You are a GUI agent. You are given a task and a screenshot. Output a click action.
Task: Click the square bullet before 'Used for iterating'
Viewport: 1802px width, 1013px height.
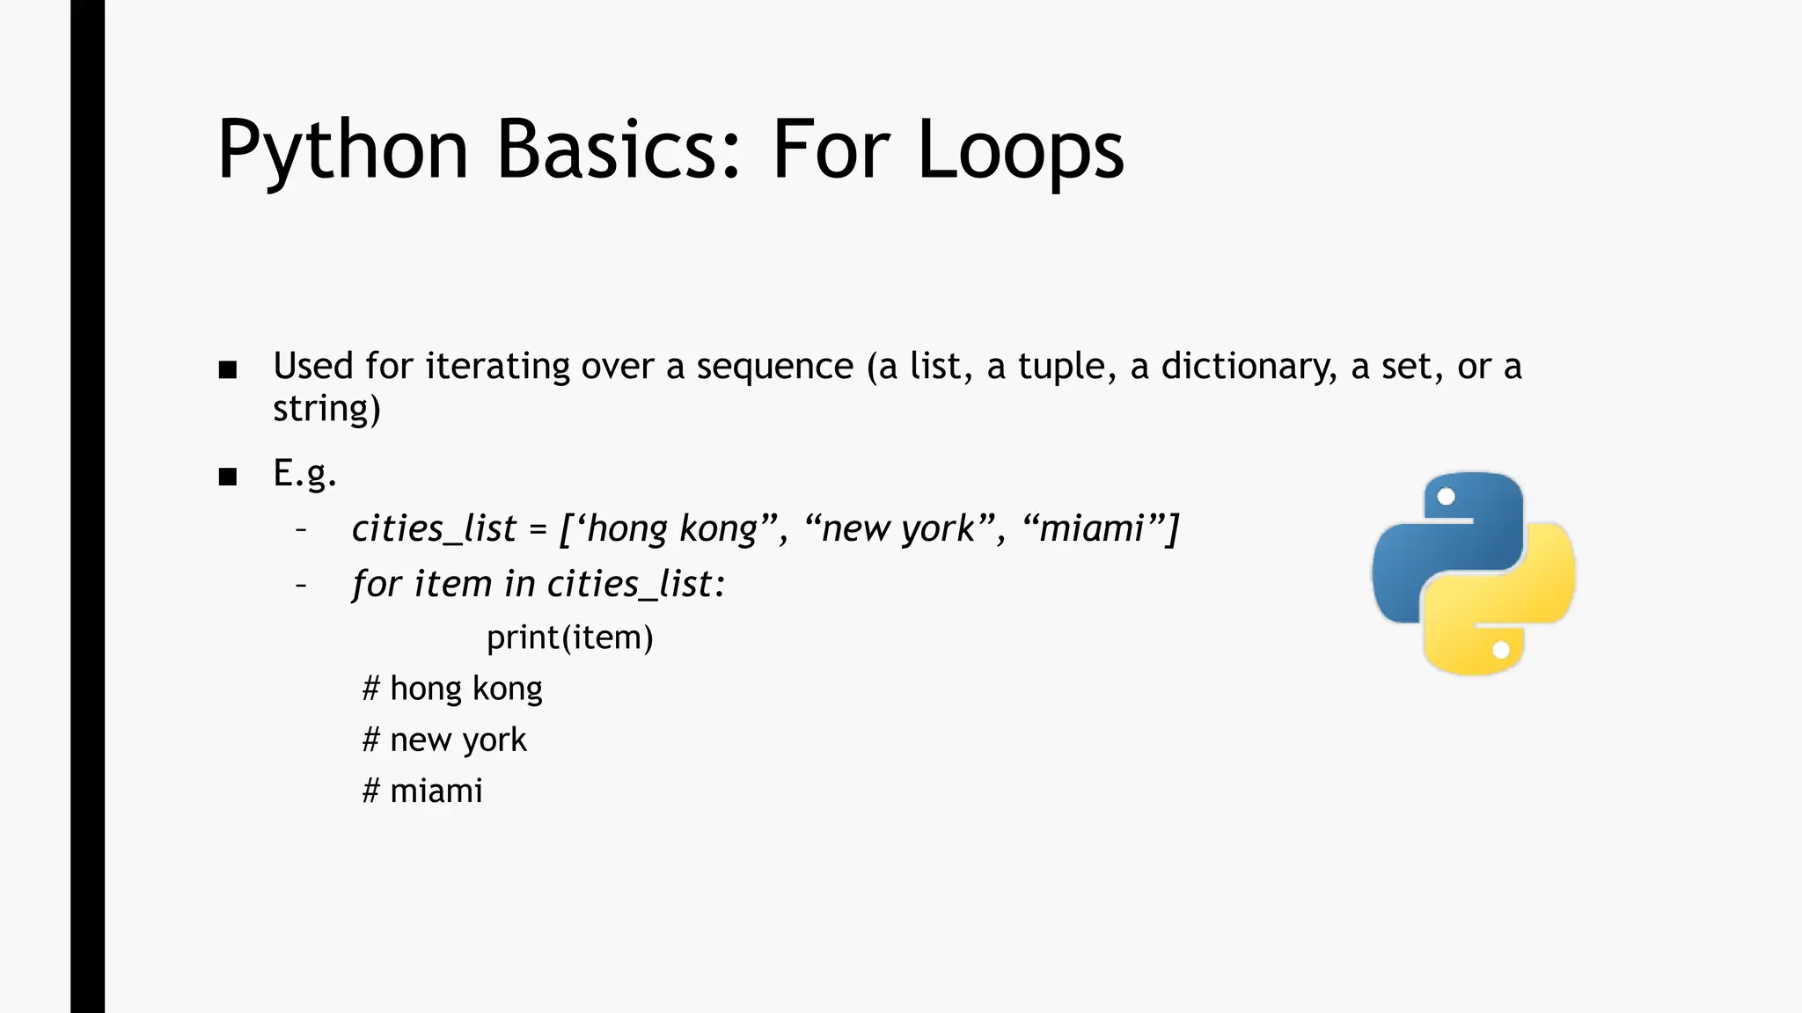point(228,369)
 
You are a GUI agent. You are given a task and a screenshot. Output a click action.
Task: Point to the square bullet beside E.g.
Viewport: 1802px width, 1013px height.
point(228,477)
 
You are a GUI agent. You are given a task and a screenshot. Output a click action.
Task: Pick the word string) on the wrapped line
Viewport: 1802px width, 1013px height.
point(326,409)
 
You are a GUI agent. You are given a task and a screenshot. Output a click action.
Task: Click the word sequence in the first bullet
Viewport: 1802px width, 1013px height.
point(774,367)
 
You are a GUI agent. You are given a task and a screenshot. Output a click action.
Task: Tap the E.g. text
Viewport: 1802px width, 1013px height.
point(304,474)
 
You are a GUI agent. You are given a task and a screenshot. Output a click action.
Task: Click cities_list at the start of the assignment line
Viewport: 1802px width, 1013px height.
point(434,528)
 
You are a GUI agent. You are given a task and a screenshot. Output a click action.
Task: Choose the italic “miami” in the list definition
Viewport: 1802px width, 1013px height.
point(1092,528)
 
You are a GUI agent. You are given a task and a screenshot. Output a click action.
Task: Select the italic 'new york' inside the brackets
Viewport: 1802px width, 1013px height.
point(898,528)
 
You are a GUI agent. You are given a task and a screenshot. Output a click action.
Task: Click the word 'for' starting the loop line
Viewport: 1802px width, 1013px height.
point(377,584)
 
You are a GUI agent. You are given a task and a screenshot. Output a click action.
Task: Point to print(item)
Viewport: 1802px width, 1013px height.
point(569,638)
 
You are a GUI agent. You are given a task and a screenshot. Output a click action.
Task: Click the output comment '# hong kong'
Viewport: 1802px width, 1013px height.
point(452,689)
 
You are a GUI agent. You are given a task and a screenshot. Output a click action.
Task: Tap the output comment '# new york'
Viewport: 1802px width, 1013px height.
point(444,740)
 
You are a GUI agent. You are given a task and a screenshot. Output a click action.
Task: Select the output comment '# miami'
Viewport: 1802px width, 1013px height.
point(422,791)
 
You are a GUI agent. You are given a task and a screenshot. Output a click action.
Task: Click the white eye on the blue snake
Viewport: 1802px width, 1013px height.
point(1446,497)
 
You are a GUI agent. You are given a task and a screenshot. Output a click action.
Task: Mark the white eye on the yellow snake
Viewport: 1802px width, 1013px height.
point(1501,650)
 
